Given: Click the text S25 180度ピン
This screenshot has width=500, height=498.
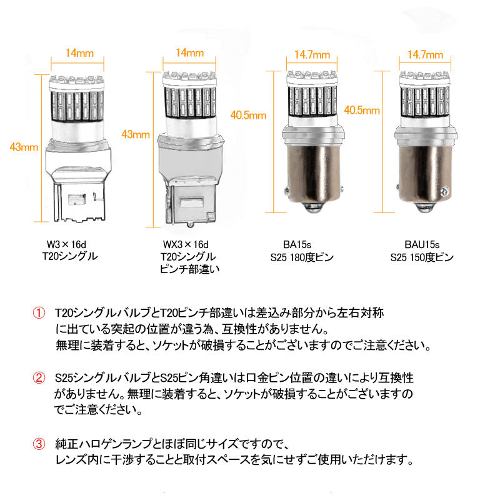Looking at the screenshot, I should click(x=301, y=257).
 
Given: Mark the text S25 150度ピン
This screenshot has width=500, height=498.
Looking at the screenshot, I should click(x=422, y=257).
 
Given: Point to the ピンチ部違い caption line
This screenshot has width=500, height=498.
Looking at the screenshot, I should click(x=186, y=269).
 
